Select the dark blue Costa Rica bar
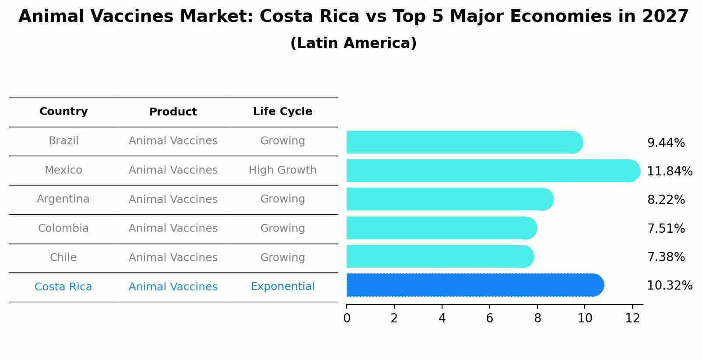pyautogui.click(x=474, y=285)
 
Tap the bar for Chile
pyautogui.click(x=439, y=256)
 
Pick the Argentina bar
pyautogui.click(x=449, y=199)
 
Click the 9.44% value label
pyautogui.click(x=666, y=143)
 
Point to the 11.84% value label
pyautogui.click(x=669, y=171)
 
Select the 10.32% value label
pyautogui.click(x=669, y=286)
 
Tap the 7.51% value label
pyautogui.click(x=666, y=228)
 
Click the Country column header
pyautogui.click(x=63, y=112)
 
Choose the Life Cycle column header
pyautogui.click(x=282, y=112)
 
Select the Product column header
pyautogui.click(x=173, y=112)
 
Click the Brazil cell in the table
pyautogui.click(x=63, y=141)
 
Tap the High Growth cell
pyautogui.click(x=282, y=170)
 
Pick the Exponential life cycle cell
pyautogui.click(x=282, y=287)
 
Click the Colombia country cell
pyautogui.click(x=63, y=228)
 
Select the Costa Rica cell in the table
pyautogui.click(x=63, y=287)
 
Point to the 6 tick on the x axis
pyautogui.click(x=489, y=318)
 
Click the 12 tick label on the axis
pyautogui.click(x=632, y=318)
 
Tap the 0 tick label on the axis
pyautogui.click(x=347, y=318)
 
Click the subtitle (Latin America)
pyautogui.click(x=353, y=43)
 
